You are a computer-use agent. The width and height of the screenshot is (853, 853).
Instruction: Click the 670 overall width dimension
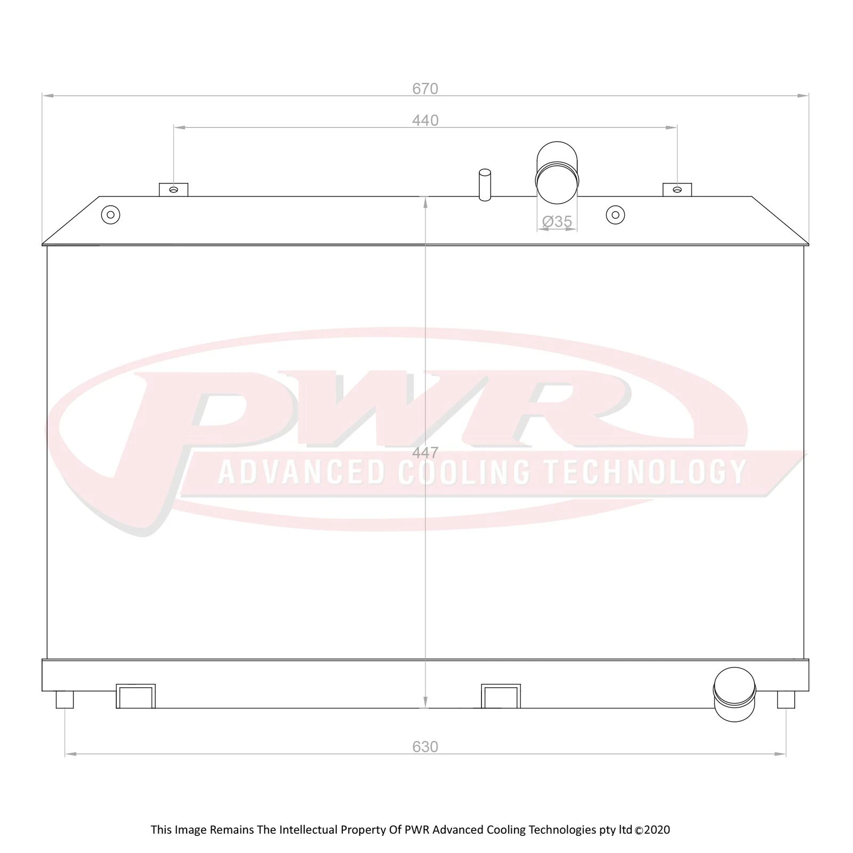(x=425, y=88)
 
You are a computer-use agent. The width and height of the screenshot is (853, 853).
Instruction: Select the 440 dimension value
(x=425, y=120)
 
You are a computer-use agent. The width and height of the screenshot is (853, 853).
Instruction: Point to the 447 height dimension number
(x=425, y=453)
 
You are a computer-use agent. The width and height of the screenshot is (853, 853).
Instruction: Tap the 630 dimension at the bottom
(x=425, y=747)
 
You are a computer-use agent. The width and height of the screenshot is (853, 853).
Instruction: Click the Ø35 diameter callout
(x=557, y=221)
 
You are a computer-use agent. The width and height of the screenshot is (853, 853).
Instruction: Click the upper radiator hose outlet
(x=557, y=173)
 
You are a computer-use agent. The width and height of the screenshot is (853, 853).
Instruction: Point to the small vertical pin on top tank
(x=485, y=184)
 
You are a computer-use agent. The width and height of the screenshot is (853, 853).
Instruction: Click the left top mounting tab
(x=173, y=189)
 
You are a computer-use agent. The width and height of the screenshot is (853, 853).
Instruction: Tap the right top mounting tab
(x=677, y=189)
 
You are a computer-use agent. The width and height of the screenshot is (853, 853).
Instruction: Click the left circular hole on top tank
(x=110, y=215)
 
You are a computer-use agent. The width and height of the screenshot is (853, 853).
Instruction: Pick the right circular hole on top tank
(x=615, y=215)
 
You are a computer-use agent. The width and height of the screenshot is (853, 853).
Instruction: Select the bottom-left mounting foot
(x=65, y=699)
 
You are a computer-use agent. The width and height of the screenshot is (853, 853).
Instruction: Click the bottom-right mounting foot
(x=786, y=699)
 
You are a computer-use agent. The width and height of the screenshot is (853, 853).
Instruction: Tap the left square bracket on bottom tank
(x=135, y=696)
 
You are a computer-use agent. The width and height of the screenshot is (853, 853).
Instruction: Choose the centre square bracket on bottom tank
(x=501, y=696)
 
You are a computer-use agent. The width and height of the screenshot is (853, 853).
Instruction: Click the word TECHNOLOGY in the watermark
(x=645, y=472)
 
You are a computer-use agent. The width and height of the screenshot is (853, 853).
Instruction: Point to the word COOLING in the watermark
(x=464, y=472)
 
